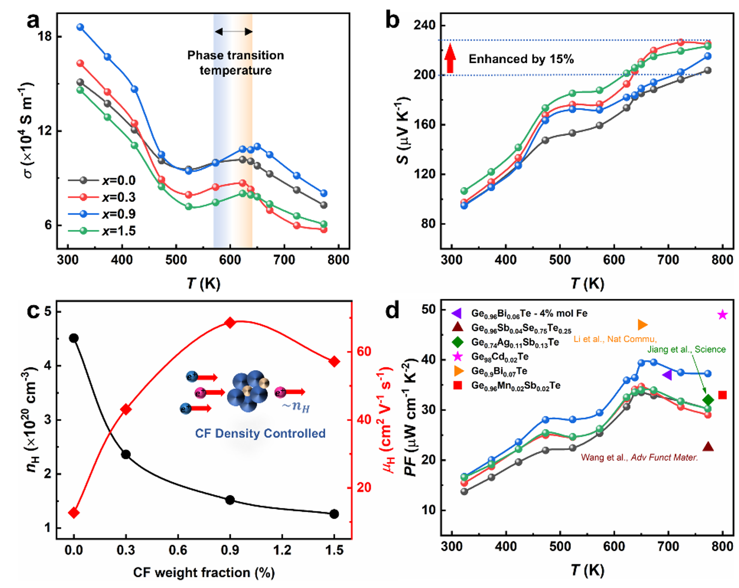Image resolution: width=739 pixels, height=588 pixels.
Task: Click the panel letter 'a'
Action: coord(33,21)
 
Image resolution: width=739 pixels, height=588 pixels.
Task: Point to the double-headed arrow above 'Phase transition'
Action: coord(233,31)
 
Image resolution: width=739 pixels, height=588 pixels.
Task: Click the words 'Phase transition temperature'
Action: coord(235,63)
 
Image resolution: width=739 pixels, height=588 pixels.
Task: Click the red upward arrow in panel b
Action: coord(450,59)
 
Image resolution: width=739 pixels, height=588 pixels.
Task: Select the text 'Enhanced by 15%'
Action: coord(521,59)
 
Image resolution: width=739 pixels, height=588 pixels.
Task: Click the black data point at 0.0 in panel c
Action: coord(74,338)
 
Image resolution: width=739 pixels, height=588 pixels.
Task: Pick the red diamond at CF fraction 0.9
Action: coord(230,323)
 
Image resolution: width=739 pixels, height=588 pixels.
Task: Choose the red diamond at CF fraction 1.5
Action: coord(334,361)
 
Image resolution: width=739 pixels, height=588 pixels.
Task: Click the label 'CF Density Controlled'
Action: coord(260,433)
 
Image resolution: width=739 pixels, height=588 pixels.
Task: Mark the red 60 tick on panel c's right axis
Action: coord(364,351)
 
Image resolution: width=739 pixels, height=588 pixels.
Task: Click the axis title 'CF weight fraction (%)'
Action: coord(204,572)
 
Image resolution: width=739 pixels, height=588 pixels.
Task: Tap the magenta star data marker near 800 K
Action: coord(722,314)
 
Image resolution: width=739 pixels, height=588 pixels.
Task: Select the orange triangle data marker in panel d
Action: coord(643,325)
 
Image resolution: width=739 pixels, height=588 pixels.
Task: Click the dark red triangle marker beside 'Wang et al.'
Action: coord(708,447)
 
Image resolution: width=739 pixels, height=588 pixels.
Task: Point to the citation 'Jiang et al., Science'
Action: coord(686,349)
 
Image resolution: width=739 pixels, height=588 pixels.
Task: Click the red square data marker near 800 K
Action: coord(722,395)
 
